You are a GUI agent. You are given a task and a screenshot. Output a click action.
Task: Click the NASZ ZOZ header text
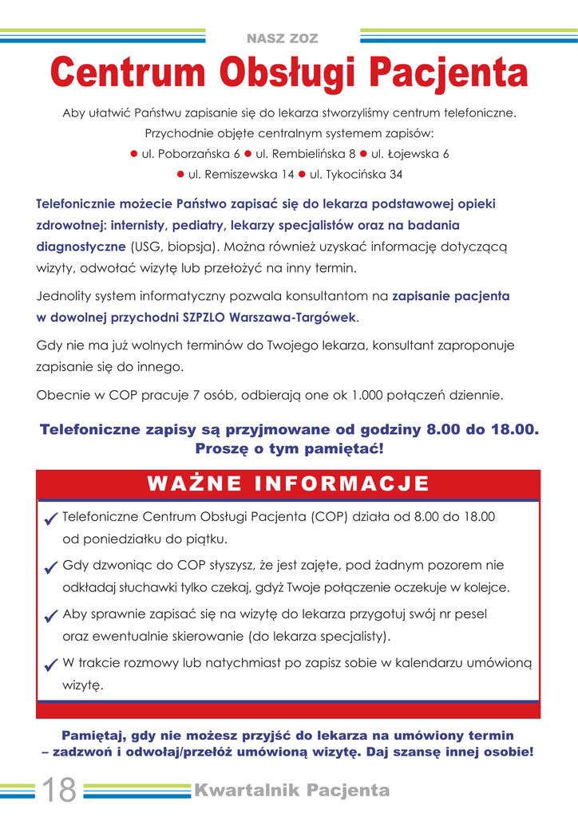283,38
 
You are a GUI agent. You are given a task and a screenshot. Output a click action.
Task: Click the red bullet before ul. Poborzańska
134,153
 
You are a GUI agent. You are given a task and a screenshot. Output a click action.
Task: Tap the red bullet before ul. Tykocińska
303,174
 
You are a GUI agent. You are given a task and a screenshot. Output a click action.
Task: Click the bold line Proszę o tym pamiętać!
289,449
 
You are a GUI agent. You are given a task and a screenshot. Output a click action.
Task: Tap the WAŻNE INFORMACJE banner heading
288,484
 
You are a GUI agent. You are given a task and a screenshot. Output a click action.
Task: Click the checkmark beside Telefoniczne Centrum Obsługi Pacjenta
51,519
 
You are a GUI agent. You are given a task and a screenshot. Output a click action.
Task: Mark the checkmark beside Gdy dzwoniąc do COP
51,568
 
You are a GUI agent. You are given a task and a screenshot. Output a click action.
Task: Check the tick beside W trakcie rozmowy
51,665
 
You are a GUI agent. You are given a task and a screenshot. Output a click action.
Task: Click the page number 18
58,790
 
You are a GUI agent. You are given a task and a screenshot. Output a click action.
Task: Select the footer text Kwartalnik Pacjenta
292,791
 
